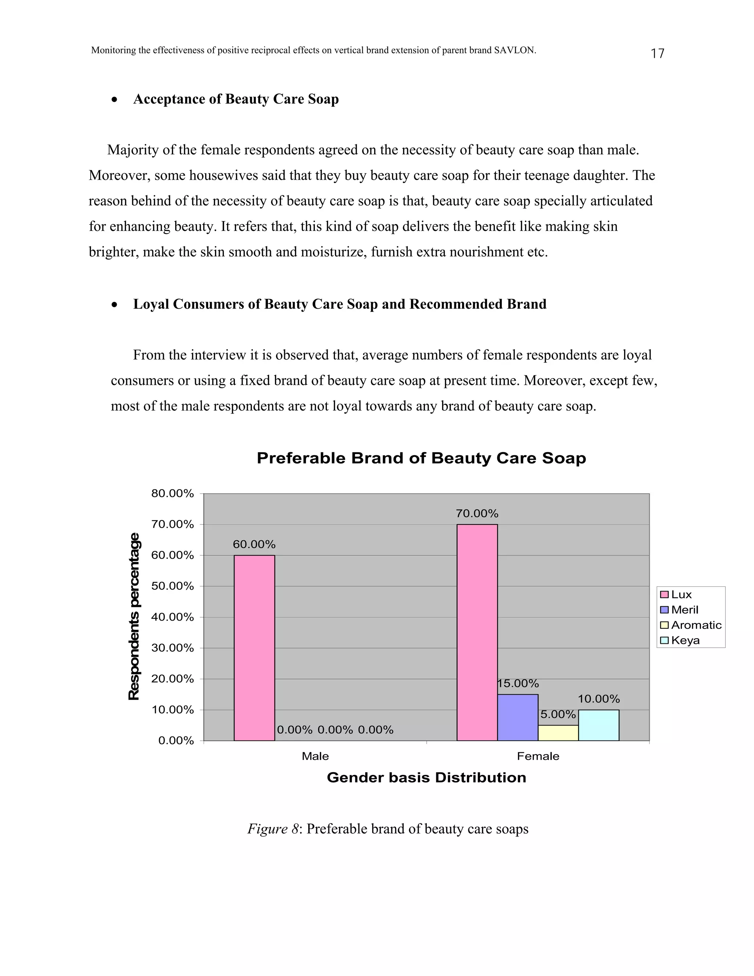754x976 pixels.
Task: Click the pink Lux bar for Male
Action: coord(254,647)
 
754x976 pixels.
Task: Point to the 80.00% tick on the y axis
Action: coord(172,494)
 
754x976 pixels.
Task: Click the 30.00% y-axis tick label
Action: coord(172,648)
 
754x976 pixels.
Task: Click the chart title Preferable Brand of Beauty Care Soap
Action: coord(421,458)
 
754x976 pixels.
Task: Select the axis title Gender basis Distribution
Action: coord(426,777)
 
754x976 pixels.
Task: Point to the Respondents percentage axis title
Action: coord(134,617)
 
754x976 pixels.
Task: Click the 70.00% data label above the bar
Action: coord(477,513)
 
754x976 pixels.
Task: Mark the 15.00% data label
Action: coord(518,683)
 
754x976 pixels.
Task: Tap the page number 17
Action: coord(657,54)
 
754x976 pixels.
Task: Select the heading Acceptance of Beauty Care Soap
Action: coord(236,99)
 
